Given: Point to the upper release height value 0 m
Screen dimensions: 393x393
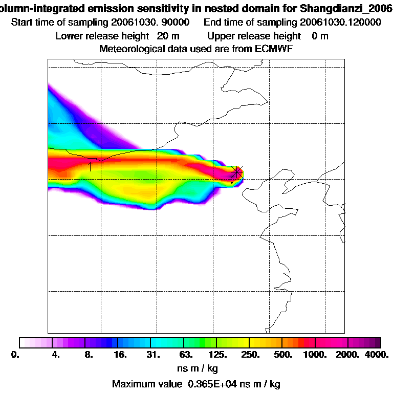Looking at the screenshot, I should (320, 36).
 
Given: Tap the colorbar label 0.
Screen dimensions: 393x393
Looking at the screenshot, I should (15, 355).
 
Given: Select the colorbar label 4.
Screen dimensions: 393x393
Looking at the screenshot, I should (56, 355).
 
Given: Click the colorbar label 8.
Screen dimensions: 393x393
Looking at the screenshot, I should (88, 355).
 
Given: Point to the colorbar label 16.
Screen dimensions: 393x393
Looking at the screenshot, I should (119, 355).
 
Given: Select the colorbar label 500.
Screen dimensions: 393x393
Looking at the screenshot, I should (283, 355).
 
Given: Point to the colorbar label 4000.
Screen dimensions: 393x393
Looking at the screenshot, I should (378, 355).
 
